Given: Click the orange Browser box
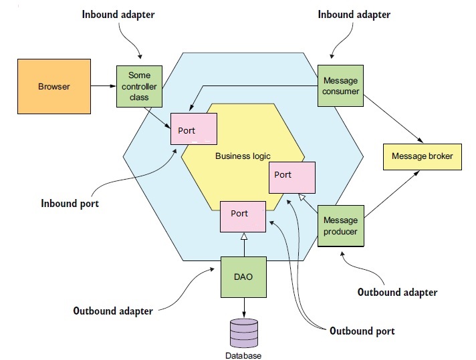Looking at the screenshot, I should click(53, 86).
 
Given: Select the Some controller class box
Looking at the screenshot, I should click(140, 86).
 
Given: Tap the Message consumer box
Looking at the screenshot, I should click(340, 85).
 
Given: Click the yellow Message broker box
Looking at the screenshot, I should click(422, 156).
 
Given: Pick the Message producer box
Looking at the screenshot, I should click(340, 226).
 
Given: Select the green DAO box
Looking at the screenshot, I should click(244, 277).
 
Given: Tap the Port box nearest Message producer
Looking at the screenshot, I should click(291, 177).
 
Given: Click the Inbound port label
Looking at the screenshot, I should click(70, 204).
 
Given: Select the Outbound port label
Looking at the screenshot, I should click(362, 331).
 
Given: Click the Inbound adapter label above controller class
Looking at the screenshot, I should click(119, 14).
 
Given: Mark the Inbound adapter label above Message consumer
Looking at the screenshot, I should click(354, 14).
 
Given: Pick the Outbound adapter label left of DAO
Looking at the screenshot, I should click(113, 311).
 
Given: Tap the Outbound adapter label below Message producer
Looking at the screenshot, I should click(397, 292).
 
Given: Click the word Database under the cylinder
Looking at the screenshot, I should click(243, 355).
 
